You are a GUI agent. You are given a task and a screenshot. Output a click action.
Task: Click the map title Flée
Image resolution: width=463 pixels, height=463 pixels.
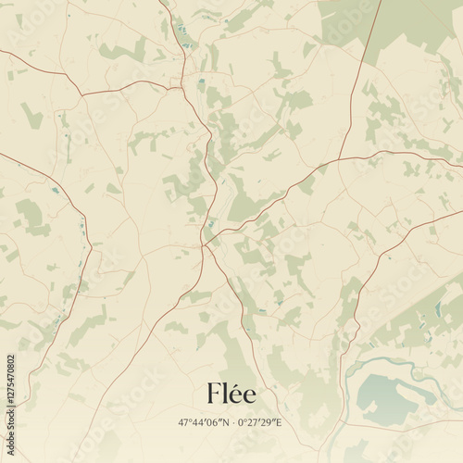point(231,394)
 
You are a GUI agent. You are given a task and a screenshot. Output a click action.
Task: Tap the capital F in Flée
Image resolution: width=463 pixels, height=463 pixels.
point(215,394)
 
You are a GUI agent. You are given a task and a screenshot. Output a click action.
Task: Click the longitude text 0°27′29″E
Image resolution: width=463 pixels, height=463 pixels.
point(260,422)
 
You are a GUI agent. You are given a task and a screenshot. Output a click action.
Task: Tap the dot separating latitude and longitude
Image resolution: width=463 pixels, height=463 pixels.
point(233,422)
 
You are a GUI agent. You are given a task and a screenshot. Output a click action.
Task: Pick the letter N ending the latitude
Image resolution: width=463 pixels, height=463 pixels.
point(225,422)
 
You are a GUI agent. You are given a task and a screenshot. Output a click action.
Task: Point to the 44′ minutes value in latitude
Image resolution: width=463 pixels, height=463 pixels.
point(200,422)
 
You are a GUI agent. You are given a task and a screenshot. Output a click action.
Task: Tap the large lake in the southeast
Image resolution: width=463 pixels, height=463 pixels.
point(389,394)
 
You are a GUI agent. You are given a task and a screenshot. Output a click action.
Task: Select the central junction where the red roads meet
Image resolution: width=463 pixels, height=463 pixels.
point(203,244)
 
